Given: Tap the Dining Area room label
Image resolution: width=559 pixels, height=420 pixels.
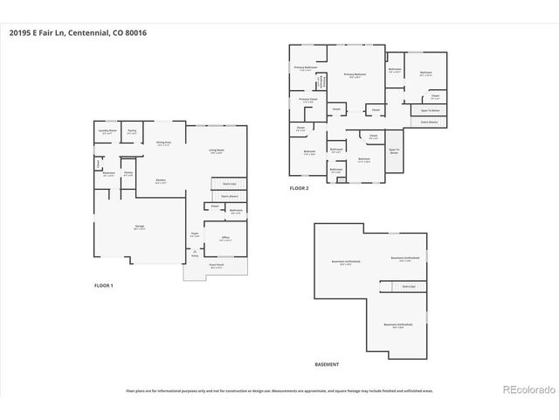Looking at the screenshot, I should point(163,143).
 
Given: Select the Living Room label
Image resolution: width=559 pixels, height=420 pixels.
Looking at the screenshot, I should point(216,151).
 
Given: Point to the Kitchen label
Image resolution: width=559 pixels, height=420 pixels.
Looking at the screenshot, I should point(161,181).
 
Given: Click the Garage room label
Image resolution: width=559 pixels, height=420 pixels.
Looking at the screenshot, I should point(139,227).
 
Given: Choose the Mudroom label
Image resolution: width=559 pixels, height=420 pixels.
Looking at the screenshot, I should point(109,174).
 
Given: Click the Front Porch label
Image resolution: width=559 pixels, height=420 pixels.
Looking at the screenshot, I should point(216,267).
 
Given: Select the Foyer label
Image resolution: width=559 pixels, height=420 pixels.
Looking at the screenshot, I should point(196,236).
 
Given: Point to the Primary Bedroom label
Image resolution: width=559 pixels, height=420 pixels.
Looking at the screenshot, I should point(355,75).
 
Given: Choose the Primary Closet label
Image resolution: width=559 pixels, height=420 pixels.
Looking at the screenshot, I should point(307,101).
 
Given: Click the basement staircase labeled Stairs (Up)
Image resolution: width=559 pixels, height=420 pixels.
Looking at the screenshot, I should point(408,286).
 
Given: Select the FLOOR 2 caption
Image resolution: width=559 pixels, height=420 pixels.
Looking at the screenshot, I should point(300,188).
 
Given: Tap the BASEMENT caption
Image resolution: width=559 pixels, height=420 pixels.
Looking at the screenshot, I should point(327,364).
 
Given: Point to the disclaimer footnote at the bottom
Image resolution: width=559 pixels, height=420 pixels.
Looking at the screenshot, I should point(279,391).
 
